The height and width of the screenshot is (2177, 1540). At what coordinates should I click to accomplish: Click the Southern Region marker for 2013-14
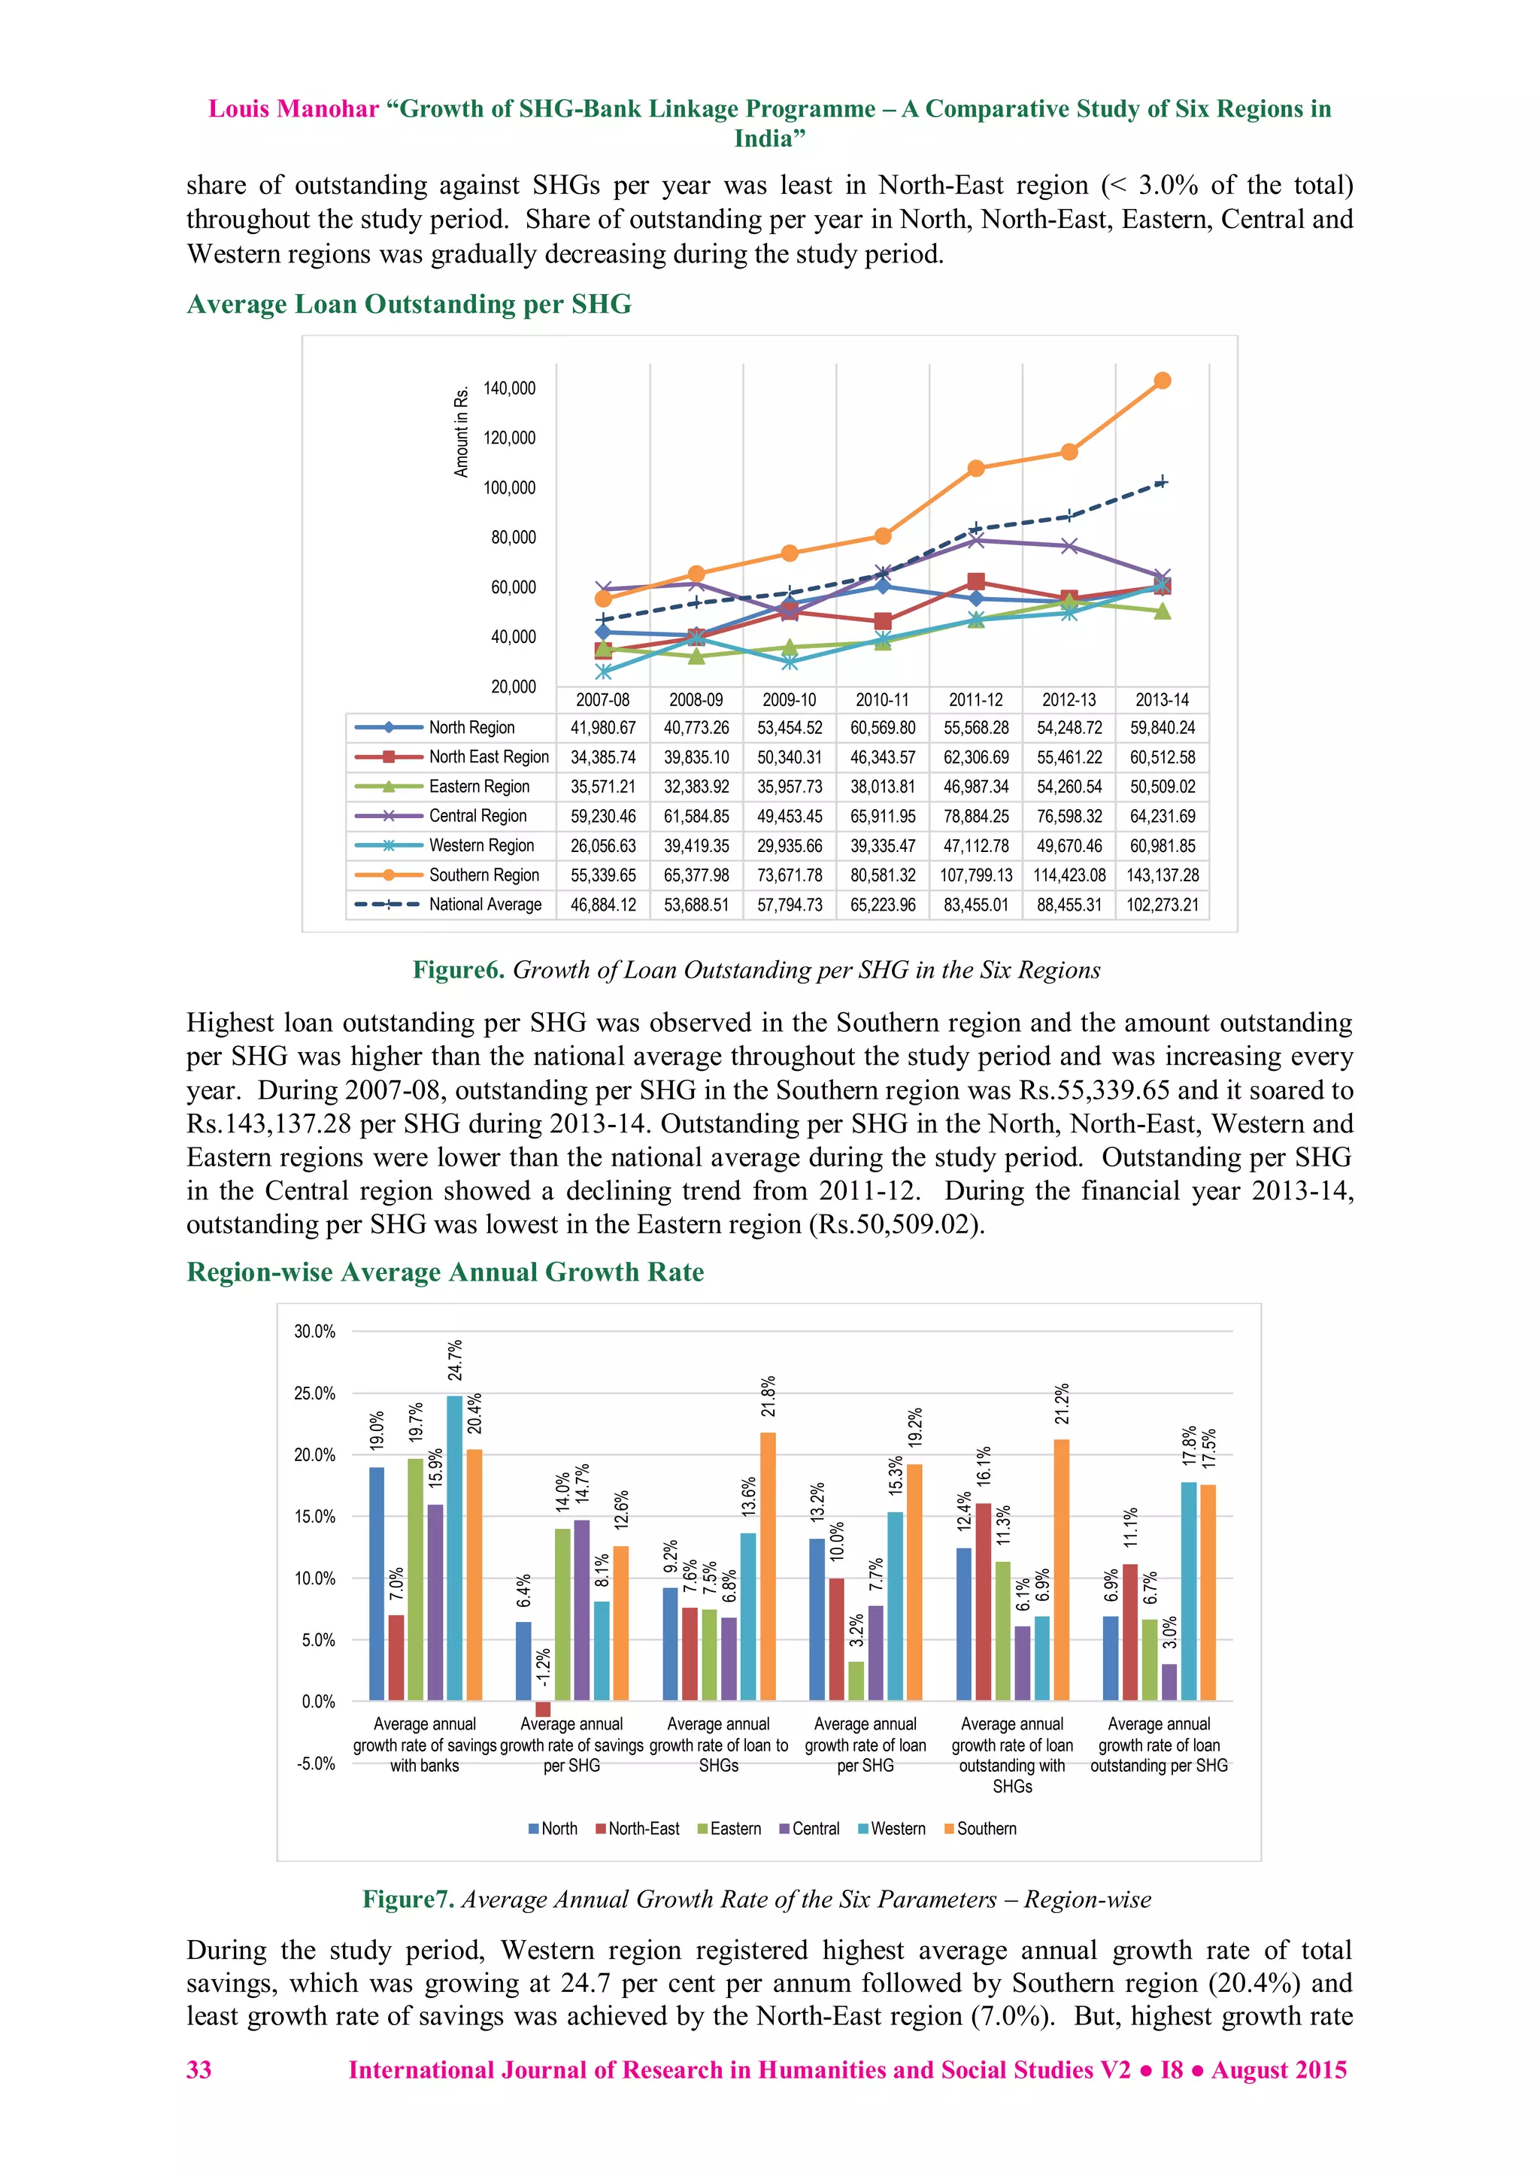click(1163, 381)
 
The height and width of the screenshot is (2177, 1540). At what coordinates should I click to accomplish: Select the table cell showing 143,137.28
click(1163, 875)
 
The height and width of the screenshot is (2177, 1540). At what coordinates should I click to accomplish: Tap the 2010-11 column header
click(882, 700)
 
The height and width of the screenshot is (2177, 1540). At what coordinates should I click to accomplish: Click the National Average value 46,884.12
click(603, 905)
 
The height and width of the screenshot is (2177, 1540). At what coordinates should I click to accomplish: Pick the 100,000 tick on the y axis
click(509, 487)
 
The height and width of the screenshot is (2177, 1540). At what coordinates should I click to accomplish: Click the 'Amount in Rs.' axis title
click(462, 432)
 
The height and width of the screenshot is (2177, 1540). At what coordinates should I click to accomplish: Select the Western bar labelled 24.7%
click(455, 1548)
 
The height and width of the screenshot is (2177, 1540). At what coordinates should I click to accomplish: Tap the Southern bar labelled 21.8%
click(768, 1566)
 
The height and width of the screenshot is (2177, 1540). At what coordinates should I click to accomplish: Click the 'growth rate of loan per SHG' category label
click(865, 1745)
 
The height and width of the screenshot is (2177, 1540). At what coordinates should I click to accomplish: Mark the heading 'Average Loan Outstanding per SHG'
click(409, 305)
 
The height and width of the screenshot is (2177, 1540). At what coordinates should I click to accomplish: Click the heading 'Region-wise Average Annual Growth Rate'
click(444, 1272)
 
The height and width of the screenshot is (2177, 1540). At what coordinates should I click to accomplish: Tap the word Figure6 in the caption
click(458, 970)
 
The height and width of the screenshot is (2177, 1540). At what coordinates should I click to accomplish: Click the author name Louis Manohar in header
click(293, 109)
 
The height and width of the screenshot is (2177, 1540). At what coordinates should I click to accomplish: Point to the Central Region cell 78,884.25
click(976, 817)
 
